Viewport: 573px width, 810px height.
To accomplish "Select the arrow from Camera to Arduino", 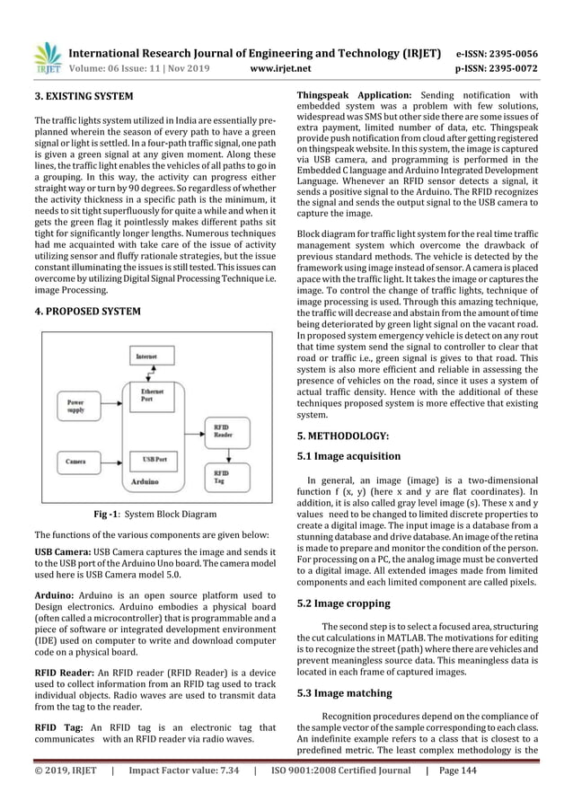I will point(111,461).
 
